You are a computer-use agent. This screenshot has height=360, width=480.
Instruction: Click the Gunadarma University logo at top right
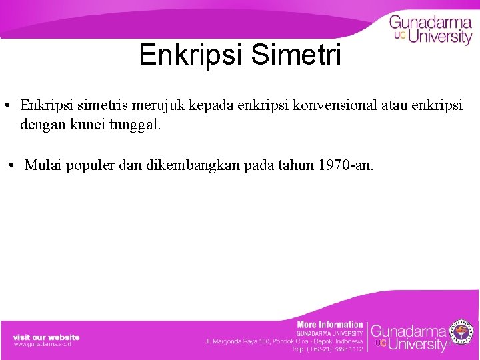point(431,29)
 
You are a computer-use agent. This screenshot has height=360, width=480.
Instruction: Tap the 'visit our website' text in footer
point(46,337)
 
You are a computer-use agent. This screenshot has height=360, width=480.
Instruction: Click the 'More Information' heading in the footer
point(330,325)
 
